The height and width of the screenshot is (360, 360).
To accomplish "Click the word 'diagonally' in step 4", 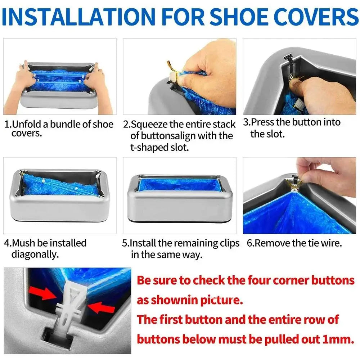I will tap(35, 255).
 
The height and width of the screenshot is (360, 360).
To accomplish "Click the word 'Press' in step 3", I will tap(263, 122).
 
